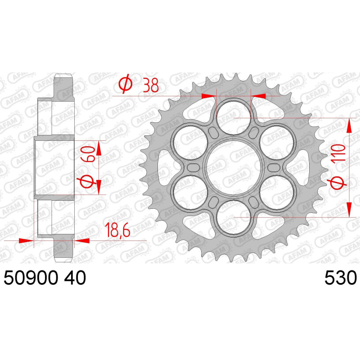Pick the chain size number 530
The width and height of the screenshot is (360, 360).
click(340, 278)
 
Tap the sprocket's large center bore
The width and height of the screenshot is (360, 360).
click(234, 167)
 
